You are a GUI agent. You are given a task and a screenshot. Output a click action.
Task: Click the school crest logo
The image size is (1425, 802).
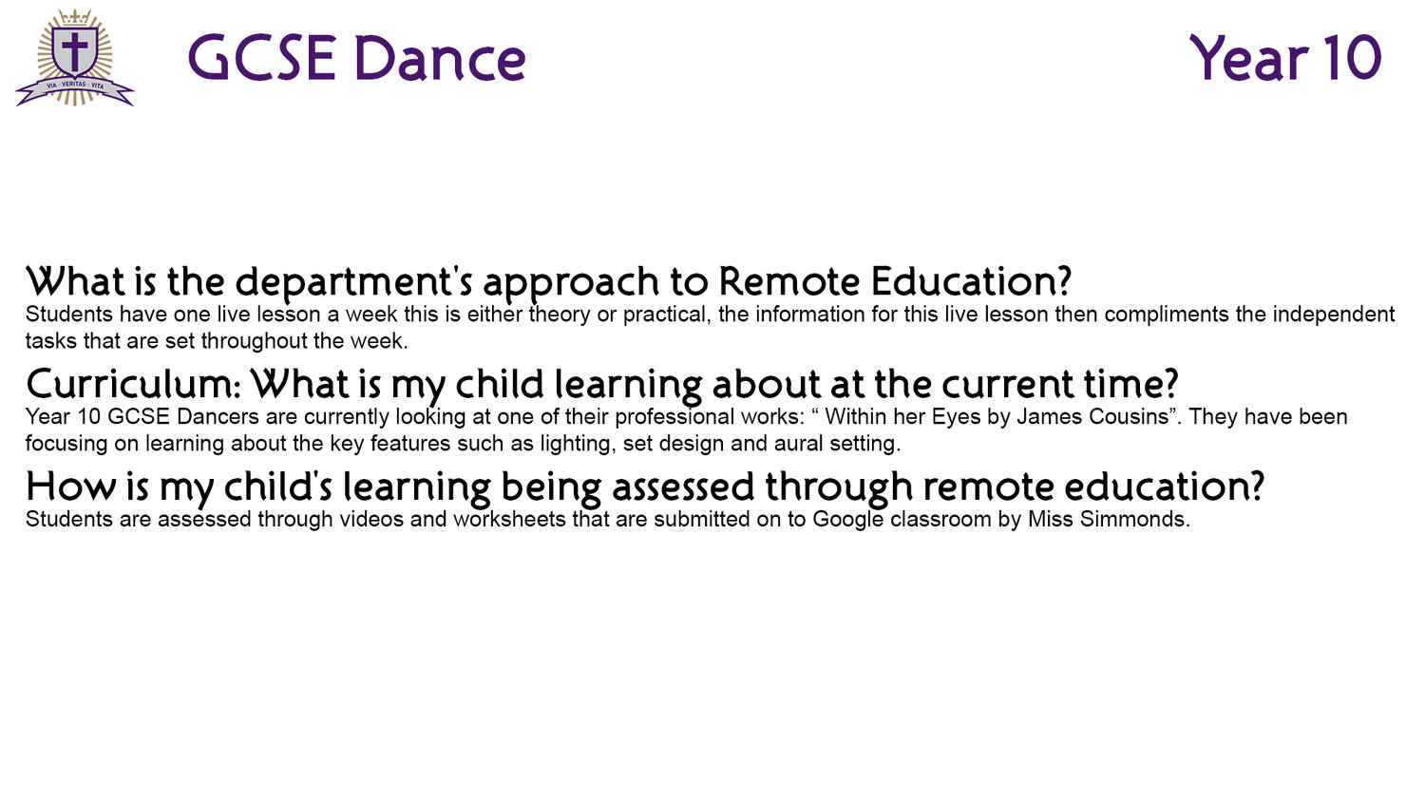click(x=75, y=58)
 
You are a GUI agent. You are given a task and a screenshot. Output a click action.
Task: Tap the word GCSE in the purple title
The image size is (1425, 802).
click(x=261, y=59)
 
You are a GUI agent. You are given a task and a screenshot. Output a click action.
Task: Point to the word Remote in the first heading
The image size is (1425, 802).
click(x=788, y=281)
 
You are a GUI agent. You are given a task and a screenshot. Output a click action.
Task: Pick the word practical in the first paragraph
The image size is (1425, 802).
click(x=666, y=315)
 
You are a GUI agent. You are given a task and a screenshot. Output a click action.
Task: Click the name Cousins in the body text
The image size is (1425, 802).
click(x=1133, y=417)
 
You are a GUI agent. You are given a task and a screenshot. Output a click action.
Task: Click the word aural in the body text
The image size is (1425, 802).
click(x=799, y=444)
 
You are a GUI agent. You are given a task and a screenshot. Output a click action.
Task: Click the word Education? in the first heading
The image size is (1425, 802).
click(x=972, y=281)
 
